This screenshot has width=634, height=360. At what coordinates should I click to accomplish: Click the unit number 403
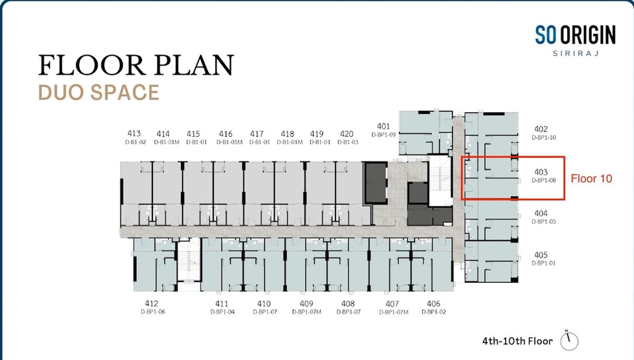(x=541, y=172)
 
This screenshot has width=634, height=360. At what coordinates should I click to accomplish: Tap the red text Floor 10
(x=591, y=179)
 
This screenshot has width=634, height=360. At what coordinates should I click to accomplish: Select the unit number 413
(x=134, y=133)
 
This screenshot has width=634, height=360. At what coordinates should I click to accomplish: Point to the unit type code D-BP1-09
(x=384, y=135)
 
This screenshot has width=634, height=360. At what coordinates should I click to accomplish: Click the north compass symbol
(x=569, y=341)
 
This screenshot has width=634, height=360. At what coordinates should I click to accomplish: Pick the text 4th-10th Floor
(x=517, y=341)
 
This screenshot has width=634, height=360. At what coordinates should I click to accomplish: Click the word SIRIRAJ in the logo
(x=576, y=53)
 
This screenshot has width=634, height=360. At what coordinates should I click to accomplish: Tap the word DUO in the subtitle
(x=59, y=93)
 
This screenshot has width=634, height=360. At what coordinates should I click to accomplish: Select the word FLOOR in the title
(x=91, y=65)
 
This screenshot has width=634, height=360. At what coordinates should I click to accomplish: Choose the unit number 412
(x=152, y=303)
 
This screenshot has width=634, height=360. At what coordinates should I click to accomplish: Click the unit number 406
(x=433, y=303)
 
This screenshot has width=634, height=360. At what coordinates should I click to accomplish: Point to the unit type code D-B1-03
(x=348, y=142)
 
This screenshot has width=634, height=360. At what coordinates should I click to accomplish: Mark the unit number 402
(x=541, y=129)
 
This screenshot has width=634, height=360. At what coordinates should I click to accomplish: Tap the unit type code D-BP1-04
(x=222, y=312)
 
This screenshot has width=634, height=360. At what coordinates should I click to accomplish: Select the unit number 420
(x=347, y=134)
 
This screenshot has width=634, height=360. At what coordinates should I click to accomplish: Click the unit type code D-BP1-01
(x=544, y=263)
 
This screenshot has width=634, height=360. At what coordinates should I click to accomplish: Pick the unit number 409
(x=306, y=303)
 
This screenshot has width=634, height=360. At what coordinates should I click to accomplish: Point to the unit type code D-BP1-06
(x=153, y=311)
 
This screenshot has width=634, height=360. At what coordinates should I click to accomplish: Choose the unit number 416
(x=226, y=134)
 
